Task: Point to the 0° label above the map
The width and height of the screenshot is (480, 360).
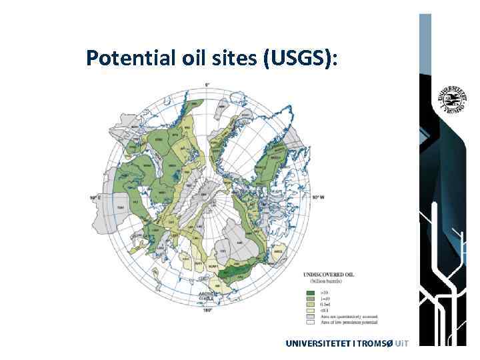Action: point(207,84)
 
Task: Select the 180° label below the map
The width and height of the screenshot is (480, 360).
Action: point(207,309)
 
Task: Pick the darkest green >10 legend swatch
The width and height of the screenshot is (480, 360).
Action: point(310,292)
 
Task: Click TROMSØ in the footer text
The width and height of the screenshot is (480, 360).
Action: point(373,343)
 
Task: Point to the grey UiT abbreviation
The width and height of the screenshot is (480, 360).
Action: point(400,343)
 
